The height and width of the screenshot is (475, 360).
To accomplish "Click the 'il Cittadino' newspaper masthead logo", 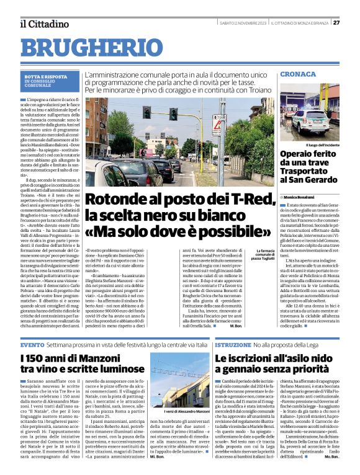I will click(x=43, y=24).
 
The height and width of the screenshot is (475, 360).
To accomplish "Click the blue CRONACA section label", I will click(x=298, y=74).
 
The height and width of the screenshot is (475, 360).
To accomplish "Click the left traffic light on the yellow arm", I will click(x=147, y=112).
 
